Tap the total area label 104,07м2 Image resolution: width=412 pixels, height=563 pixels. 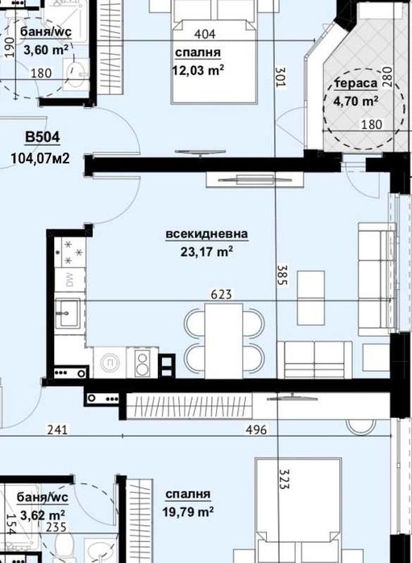[41, 158]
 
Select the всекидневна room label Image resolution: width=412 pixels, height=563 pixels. [206, 234]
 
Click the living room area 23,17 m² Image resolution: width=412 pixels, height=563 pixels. [207, 251]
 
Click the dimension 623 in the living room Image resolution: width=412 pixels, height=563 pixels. [221, 295]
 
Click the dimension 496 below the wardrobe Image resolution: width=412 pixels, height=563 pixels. [256, 429]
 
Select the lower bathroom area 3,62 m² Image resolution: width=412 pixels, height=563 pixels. [44, 515]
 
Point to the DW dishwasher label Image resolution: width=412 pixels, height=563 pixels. [69, 280]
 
